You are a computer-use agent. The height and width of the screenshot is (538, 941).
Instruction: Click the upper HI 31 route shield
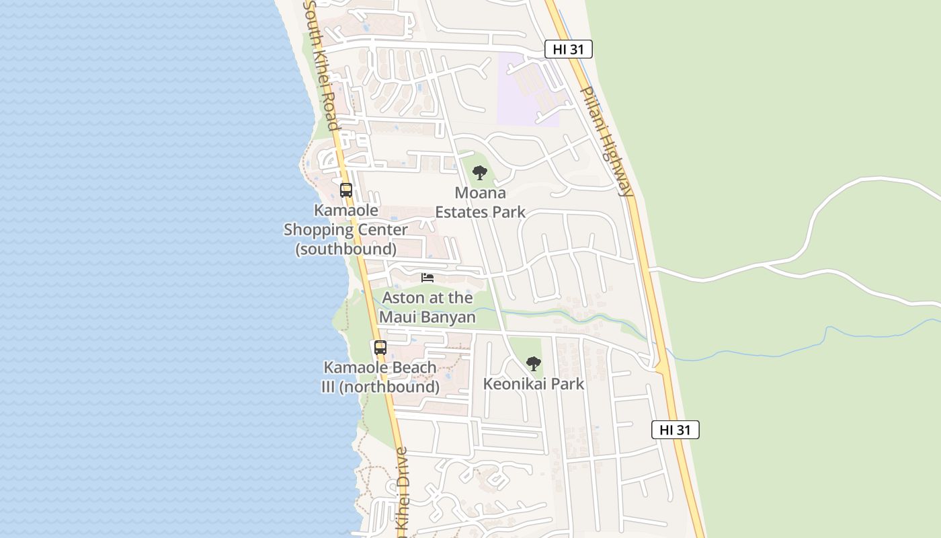[568, 49]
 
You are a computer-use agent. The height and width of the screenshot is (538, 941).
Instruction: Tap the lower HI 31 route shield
[675, 430]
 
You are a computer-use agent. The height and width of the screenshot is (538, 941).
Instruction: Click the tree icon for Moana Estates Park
[479, 173]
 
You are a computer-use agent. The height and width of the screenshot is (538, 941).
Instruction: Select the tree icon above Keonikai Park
[534, 364]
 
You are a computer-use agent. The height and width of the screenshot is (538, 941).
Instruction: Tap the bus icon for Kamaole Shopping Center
[346, 190]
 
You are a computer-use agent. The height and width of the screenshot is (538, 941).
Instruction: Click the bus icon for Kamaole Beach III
[380, 348]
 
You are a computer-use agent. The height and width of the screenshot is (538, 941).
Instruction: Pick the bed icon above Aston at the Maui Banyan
[427, 278]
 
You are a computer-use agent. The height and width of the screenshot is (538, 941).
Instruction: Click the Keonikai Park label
[534, 384]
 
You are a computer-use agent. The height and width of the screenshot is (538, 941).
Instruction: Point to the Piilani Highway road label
[607, 141]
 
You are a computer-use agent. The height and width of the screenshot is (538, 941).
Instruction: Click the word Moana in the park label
[480, 193]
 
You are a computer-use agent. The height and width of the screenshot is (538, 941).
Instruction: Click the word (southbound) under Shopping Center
[346, 249]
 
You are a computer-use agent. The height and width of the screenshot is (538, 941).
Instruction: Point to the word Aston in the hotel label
[403, 297]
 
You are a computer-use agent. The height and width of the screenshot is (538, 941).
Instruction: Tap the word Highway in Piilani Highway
[616, 161]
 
